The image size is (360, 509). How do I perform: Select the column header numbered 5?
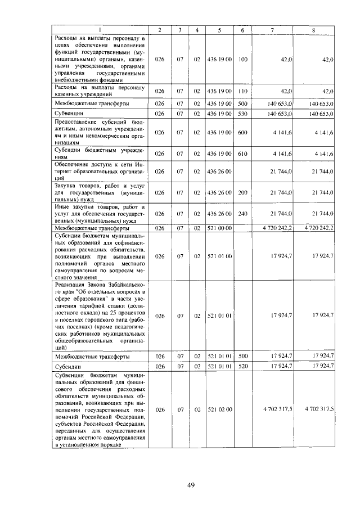point(220,30)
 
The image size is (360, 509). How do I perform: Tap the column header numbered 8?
point(320,30)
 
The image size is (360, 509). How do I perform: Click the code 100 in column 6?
point(242,59)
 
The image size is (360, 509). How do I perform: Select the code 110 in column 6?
point(242,91)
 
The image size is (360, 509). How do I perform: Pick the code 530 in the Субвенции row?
point(242,114)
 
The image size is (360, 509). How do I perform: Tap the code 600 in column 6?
point(242,133)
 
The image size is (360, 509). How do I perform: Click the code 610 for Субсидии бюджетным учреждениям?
point(242,154)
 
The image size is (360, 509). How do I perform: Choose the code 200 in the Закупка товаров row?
point(242,192)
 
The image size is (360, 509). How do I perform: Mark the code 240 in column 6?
point(242,214)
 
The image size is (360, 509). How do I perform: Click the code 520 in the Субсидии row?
point(242,366)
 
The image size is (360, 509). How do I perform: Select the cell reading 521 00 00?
point(220,228)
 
